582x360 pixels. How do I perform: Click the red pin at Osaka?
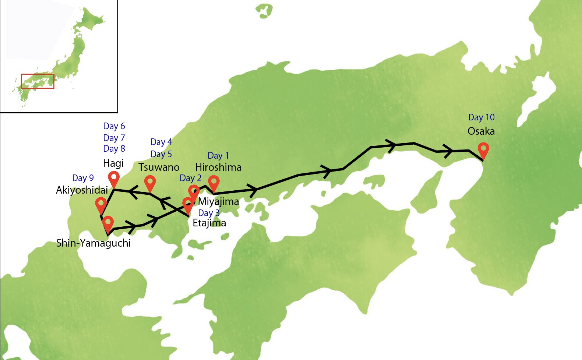coord(483,150)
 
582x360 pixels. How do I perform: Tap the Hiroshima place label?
coord(218,167)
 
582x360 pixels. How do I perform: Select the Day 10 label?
coord(481,117)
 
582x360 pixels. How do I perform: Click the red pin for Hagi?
coord(114,178)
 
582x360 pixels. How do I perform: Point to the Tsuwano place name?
coord(159,167)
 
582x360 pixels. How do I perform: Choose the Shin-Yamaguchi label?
coord(94,243)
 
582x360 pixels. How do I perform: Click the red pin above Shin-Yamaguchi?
coord(108,223)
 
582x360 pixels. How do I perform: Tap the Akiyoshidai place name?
coord(82,190)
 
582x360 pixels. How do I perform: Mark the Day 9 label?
coord(83,178)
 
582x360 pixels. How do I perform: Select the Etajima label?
coord(209,223)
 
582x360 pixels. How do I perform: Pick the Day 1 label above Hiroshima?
coord(218,156)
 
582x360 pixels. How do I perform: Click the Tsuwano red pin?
coord(150,182)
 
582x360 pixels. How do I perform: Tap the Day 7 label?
coord(114,138)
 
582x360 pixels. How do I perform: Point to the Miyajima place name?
coord(219,202)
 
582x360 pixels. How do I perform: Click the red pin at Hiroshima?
coord(214,183)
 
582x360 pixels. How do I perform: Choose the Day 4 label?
coord(161,142)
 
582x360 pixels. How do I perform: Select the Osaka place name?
coord(481,131)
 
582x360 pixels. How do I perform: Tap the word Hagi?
coord(113,163)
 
